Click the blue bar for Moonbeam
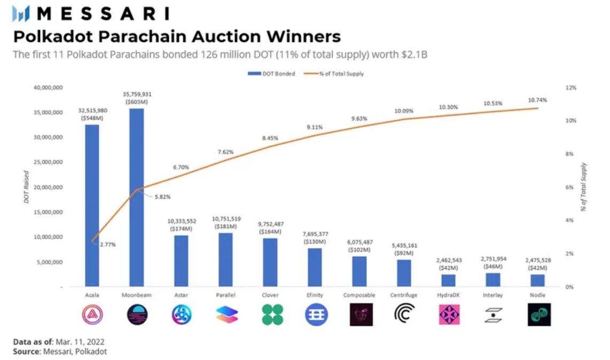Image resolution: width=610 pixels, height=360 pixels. (137, 198)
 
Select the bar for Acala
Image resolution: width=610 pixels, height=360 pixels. (92, 206)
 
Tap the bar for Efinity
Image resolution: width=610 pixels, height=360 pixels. (315, 267)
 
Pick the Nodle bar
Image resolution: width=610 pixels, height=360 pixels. (537, 280)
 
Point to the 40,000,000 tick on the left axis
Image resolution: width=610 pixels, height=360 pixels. (49, 88)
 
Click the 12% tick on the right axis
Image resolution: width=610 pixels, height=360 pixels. (571, 88)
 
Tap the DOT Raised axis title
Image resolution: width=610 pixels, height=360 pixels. (26, 187)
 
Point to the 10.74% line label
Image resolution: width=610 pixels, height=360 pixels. (537, 100)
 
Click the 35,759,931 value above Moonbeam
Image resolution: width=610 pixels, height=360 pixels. (137, 95)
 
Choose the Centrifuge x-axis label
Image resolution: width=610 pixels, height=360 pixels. (404, 295)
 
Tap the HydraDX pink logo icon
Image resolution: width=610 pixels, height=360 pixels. (449, 315)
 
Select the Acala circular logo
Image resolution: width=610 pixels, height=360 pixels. (92, 315)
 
